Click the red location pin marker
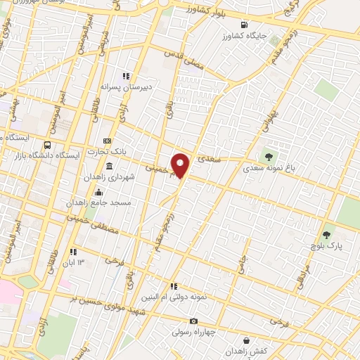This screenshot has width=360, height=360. point(181,165)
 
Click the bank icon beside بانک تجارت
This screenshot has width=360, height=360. point(107,141)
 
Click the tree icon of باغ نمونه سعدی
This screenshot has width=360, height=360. point(267,155)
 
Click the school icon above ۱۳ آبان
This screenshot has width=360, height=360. point(72,252)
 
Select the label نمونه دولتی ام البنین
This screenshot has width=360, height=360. point(174,297)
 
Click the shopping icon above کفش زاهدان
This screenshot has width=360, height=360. point(245,339)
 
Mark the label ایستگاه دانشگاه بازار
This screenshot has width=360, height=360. point(43,154)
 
